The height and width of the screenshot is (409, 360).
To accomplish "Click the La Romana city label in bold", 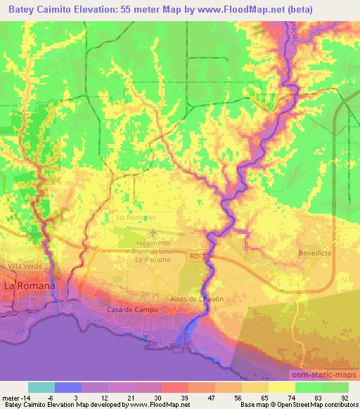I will pos(30,288).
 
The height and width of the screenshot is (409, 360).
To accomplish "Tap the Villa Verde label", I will pos(20,267).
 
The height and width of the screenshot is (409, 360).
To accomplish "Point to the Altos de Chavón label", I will pos(197,299).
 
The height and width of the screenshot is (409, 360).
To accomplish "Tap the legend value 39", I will pos(185,397).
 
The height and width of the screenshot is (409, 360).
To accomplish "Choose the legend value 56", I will pos(238,397).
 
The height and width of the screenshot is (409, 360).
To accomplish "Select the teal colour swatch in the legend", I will pos(41,387).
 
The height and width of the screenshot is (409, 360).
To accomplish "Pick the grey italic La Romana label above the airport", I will pos(130,219).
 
